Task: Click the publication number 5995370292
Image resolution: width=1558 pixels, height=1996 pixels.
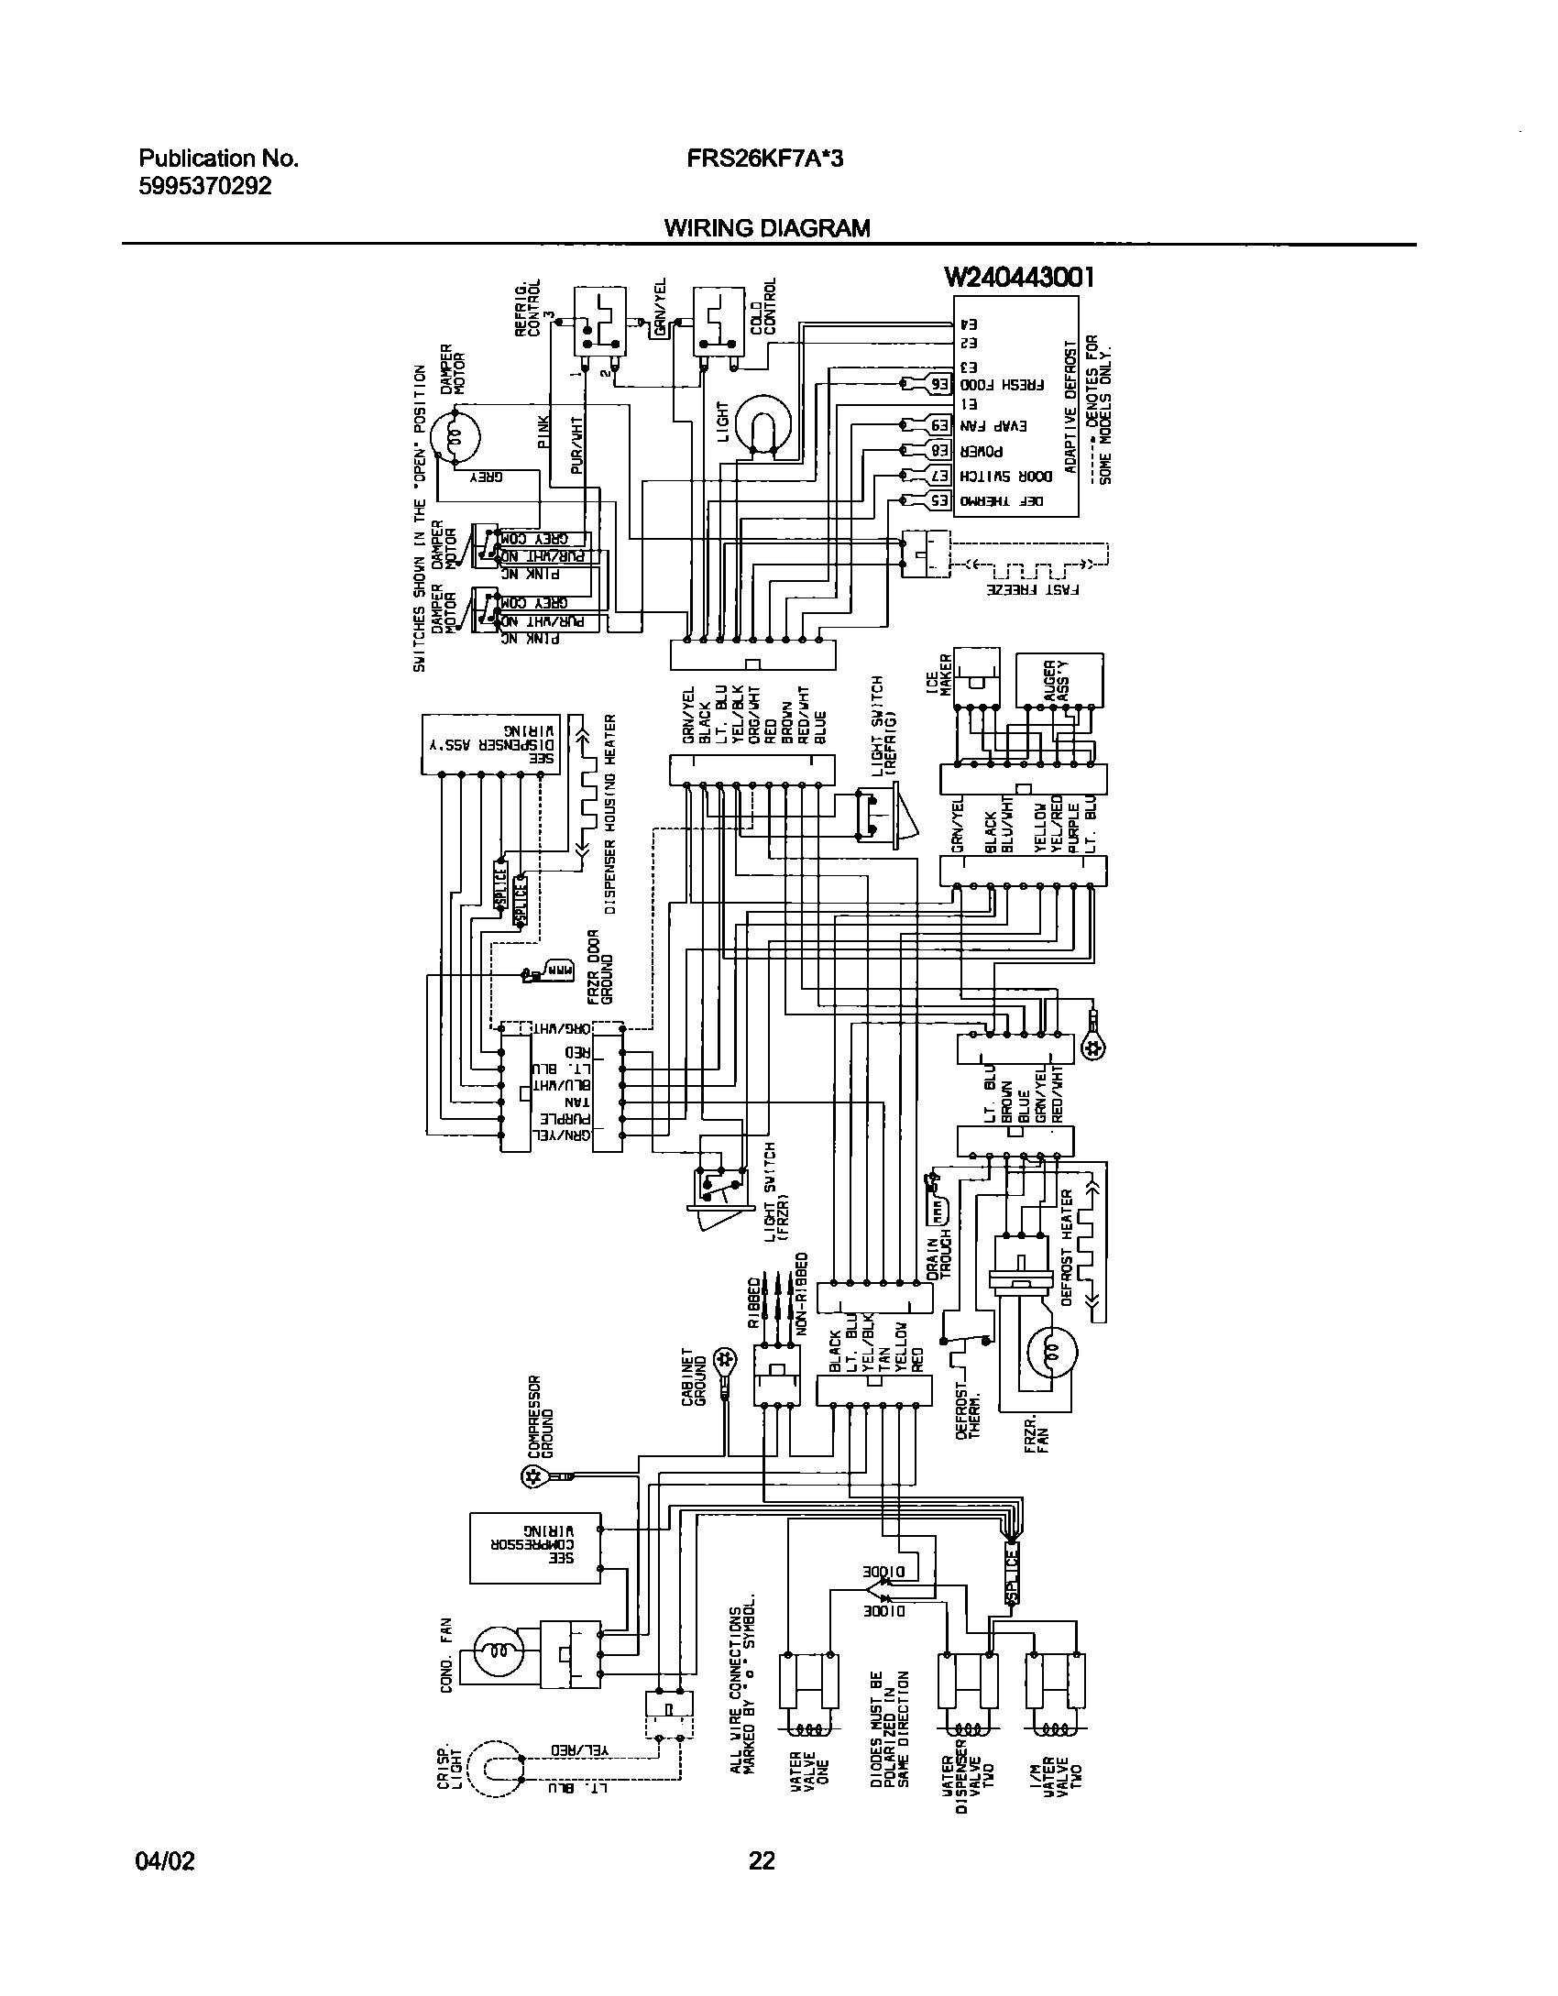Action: (205, 186)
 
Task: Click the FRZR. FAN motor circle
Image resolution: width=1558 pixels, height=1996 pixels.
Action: (1051, 1351)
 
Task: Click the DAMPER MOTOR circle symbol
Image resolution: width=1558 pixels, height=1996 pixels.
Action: (455, 439)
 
